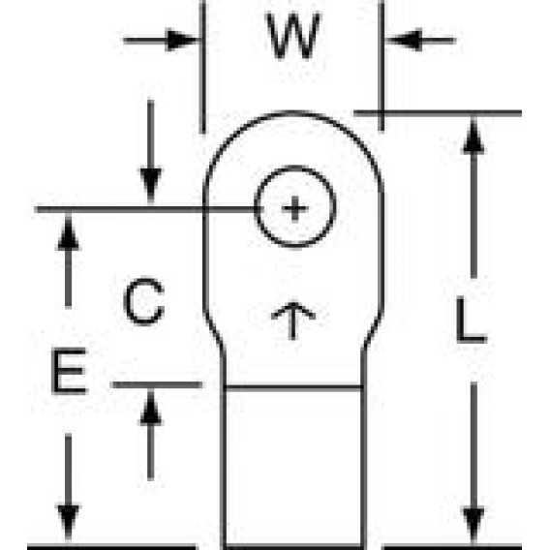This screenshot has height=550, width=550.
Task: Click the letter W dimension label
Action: [x=293, y=36]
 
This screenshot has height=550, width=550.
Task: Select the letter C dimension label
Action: [x=144, y=302]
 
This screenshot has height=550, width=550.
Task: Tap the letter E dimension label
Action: [x=69, y=371]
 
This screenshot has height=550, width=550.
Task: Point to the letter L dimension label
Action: [x=472, y=320]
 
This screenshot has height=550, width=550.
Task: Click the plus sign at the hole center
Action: [x=295, y=209]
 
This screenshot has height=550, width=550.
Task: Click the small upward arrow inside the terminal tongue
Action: [x=293, y=321]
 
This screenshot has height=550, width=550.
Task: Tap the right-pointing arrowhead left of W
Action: [x=181, y=41]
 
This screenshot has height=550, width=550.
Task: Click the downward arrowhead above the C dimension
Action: [x=151, y=185]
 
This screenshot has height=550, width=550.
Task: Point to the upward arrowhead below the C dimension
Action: [x=151, y=408]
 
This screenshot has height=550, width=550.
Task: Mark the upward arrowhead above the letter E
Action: [x=69, y=232]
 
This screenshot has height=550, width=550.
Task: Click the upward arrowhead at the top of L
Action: [x=474, y=137]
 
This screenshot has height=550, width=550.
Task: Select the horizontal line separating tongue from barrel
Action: [x=293, y=387]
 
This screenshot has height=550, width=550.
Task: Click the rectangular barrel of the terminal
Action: [x=293, y=467]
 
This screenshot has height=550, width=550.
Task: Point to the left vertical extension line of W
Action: [x=202, y=67]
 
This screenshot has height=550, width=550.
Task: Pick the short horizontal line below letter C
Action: [x=157, y=385]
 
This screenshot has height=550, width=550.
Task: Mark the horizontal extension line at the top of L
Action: [x=438, y=113]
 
